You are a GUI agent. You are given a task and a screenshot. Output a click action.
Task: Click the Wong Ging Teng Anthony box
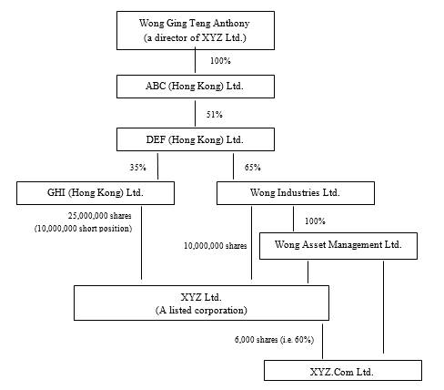tap(196, 30)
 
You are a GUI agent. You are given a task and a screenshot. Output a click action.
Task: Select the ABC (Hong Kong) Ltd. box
tap(196, 87)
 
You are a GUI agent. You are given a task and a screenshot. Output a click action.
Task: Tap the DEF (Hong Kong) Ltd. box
tap(196, 139)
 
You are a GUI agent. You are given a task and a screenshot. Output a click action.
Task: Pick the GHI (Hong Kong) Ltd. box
tap(96, 193)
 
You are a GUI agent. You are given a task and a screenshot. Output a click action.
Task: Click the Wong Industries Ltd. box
tap(296, 193)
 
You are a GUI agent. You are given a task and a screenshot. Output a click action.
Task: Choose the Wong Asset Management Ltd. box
tap(338, 246)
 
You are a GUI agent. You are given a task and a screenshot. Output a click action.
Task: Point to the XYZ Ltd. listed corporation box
tap(202, 303)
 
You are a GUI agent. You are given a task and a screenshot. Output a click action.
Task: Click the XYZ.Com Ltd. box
tap(343, 371)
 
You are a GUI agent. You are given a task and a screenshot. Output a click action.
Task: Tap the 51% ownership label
tap(215, 115)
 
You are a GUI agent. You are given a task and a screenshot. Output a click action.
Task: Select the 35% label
tap(138, 168)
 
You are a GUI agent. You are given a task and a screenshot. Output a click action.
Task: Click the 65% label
tap(253, 168)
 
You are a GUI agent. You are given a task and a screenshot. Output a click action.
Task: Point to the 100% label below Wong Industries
tap(315, 221)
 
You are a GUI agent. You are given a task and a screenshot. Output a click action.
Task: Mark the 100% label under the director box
tap(220, 61)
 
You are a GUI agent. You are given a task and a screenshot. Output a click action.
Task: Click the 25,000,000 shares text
tap(100, 216)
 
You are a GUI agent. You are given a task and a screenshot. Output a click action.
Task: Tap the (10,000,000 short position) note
tap(83, 229)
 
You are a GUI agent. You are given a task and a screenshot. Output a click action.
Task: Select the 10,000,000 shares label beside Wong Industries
tap(216, 246)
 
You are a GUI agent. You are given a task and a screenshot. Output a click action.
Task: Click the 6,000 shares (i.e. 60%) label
tap(274, 340)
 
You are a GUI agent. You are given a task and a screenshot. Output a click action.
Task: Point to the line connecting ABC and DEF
tap(195, 113)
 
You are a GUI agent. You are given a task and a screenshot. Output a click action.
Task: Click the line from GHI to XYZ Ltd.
tap(141, 243)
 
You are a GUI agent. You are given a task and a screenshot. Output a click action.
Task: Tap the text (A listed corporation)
tap(201, 311)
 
